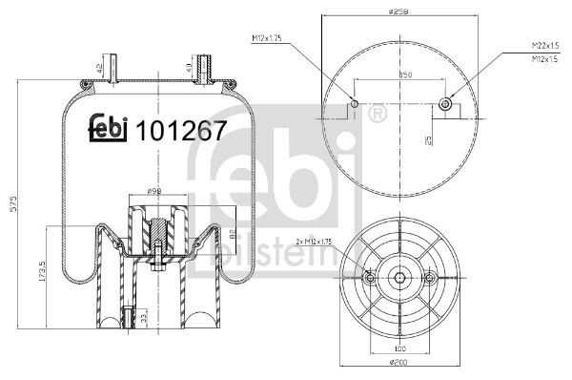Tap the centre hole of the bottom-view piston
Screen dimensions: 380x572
click(x=398, y=278)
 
